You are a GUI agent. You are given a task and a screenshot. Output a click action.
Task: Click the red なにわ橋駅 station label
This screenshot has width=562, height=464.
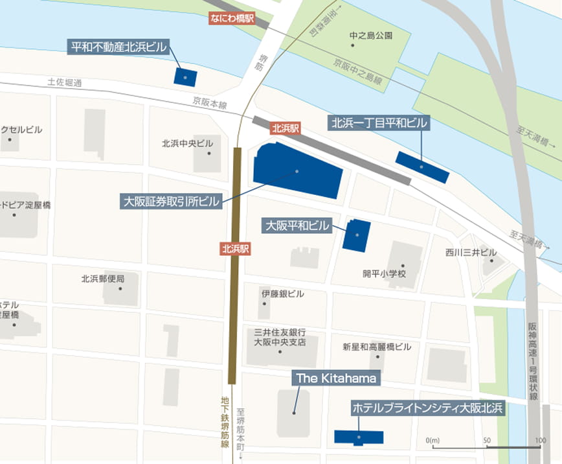click(232, 19)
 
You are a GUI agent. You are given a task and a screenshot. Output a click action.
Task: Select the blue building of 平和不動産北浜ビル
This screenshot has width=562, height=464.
click(185, 75)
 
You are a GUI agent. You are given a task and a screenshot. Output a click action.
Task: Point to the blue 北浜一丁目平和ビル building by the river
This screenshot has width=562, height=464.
click(422, 167)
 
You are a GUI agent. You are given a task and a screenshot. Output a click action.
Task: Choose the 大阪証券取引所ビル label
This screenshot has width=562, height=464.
click(172, 202)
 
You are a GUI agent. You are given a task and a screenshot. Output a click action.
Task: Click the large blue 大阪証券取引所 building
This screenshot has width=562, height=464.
click(297, 170)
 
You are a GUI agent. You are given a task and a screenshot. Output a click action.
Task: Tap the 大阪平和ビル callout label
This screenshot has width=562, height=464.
click(297, 226)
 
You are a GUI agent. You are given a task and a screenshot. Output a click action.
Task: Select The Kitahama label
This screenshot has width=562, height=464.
click(335, 378)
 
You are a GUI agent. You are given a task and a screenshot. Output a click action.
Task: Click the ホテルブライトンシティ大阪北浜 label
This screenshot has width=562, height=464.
click(427, 408)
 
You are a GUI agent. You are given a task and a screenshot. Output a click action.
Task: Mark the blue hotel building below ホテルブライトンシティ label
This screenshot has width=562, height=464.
click(359, 437)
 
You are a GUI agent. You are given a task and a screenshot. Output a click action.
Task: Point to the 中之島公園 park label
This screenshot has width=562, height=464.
click(370, 35)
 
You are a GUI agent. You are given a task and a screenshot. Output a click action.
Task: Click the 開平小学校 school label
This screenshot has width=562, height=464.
click(384, 273)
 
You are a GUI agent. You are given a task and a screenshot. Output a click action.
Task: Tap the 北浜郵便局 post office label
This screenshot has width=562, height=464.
click(102, 279)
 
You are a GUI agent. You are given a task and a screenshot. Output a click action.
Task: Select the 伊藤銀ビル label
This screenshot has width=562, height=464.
click(282, 294)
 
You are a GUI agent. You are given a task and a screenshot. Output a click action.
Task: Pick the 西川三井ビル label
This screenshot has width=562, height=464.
click(471, 252)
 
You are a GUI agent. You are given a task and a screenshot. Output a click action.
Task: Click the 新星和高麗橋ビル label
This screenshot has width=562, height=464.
click(376, 347)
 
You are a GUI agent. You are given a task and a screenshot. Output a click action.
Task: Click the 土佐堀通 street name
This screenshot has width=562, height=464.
click(65, 83)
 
